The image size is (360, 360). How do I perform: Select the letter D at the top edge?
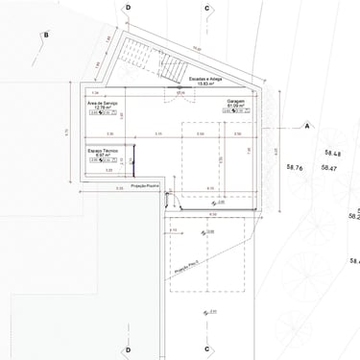click(128, 6)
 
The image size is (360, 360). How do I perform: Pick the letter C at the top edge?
click(206, 6)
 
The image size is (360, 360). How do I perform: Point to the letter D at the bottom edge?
click(128, 350)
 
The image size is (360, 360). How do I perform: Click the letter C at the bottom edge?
click(206, 350)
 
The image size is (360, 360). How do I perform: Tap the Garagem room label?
click(237, 100)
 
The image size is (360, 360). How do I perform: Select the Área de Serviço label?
click(103, 101)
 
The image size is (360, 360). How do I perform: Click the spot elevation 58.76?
click(294, 168)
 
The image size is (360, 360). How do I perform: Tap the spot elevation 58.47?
click(329, 168)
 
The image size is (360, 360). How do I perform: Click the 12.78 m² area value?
click(101, 107)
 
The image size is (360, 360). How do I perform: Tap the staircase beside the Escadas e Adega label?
click(173, 67)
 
